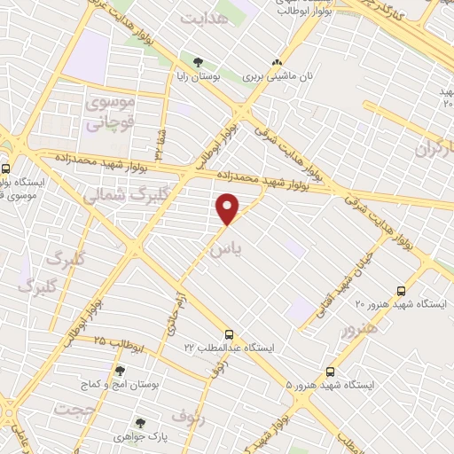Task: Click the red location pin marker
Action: [x=229, y=208]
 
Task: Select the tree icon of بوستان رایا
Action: [x=198, y=62]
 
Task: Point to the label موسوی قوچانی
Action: [x=111, y=113]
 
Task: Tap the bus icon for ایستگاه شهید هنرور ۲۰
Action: [x=401, y=290]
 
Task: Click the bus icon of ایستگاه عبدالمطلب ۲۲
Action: [x=230, y=334]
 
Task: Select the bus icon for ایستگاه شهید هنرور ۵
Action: [x=330, y=371]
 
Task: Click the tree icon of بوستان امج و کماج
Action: [x=120, y=371]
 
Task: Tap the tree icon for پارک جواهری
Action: [x=137, y=422]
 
